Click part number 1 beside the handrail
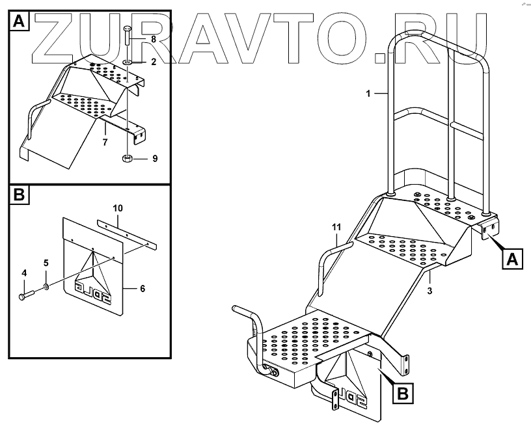(368, 94)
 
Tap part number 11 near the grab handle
(336, 226)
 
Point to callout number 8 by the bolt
(154, 40)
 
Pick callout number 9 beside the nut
(154, 158)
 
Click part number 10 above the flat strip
(117, 208)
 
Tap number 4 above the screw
(24, 273)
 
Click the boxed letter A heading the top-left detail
(19, 23)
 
